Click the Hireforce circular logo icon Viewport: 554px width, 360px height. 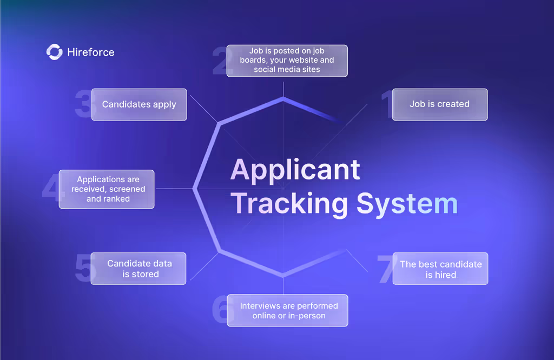55,52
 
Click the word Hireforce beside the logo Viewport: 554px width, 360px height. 91,52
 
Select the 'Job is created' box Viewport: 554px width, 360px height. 440,104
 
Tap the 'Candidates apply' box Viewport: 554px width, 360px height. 139,104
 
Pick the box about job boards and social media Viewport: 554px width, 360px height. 287,61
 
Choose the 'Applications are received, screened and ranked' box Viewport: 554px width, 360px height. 107,189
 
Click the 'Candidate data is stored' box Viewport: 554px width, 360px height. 138,269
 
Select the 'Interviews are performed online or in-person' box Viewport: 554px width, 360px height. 288,311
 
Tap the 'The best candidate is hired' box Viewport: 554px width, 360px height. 440,269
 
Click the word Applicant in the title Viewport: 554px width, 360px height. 295,170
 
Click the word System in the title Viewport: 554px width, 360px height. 407,204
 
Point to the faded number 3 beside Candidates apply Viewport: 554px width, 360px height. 84,103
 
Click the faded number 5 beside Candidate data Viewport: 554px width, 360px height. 83,268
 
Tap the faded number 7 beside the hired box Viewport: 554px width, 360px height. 385,269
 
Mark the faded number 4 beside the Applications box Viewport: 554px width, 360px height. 51,186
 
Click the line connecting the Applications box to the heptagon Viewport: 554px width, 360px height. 174,189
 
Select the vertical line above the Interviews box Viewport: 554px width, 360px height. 283,285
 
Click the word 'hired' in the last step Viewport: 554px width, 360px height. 446,275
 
